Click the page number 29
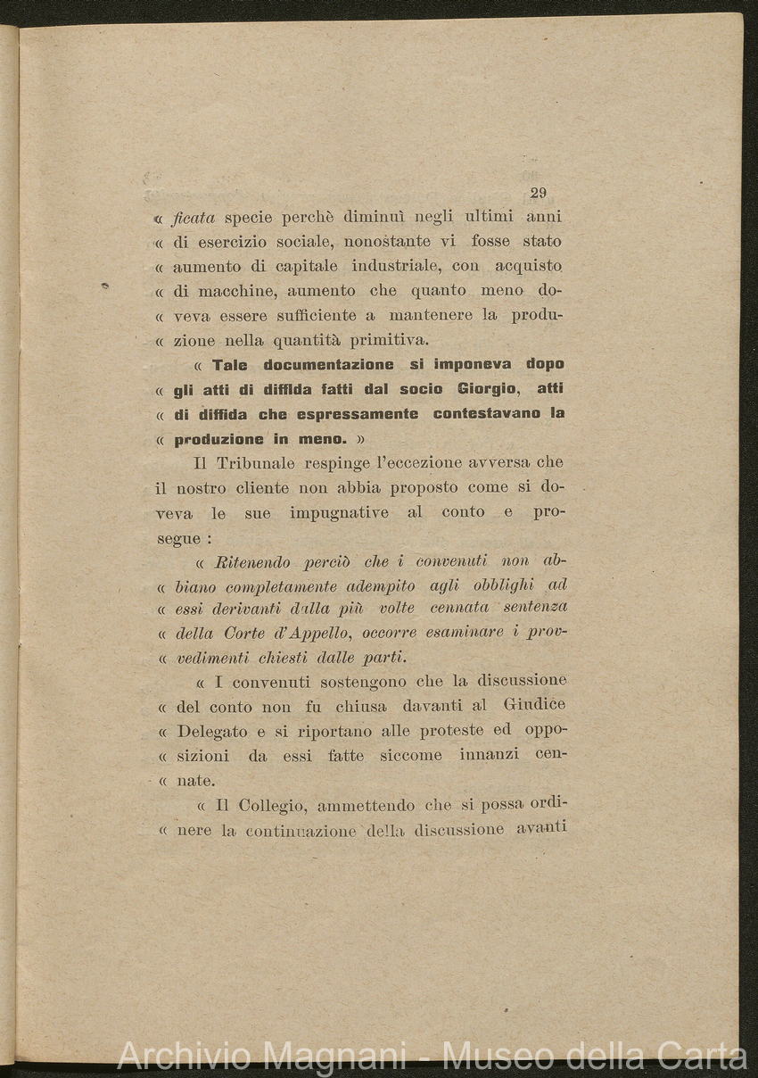(x=538, y=193)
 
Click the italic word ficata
(x=194, y=217)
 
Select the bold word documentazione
(x=328, y=365)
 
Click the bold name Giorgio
(x=487, y=389)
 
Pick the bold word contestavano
(x=490, y=414)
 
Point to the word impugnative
(x=338, y=512)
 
